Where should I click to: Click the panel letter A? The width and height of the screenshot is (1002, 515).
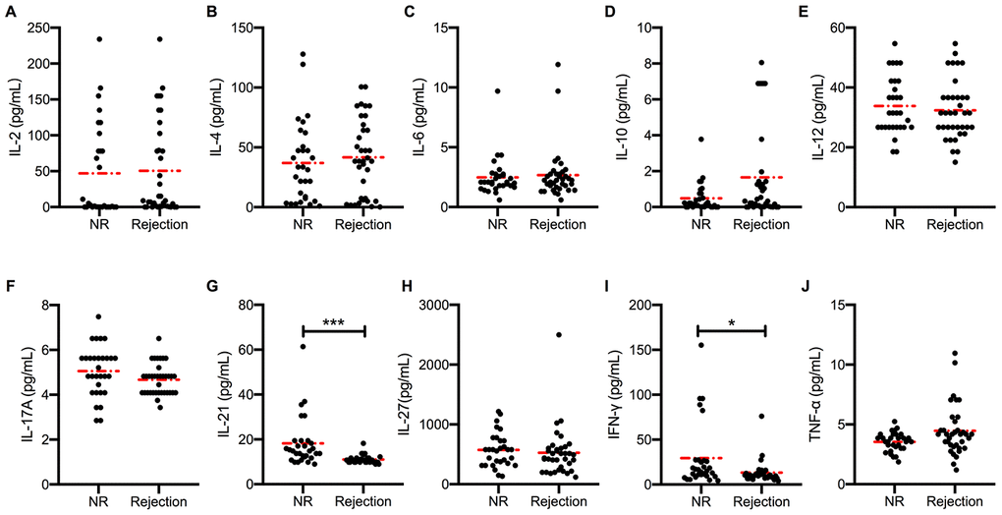(x=10, y=13)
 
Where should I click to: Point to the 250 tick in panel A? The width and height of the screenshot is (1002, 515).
(x=37, y=28)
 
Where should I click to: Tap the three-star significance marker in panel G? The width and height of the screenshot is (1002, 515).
(x=334, y=319)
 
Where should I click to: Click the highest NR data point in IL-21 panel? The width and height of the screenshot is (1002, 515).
(x=304, y=347)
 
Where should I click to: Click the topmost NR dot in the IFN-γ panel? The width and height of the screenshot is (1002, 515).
(x=701, y=345)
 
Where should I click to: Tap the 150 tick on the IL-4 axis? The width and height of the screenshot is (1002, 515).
(x=236, y=28)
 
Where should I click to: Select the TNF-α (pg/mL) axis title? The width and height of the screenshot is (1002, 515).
(x=814, y=394)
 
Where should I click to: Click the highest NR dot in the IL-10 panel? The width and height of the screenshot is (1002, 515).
(x=701, y=140)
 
